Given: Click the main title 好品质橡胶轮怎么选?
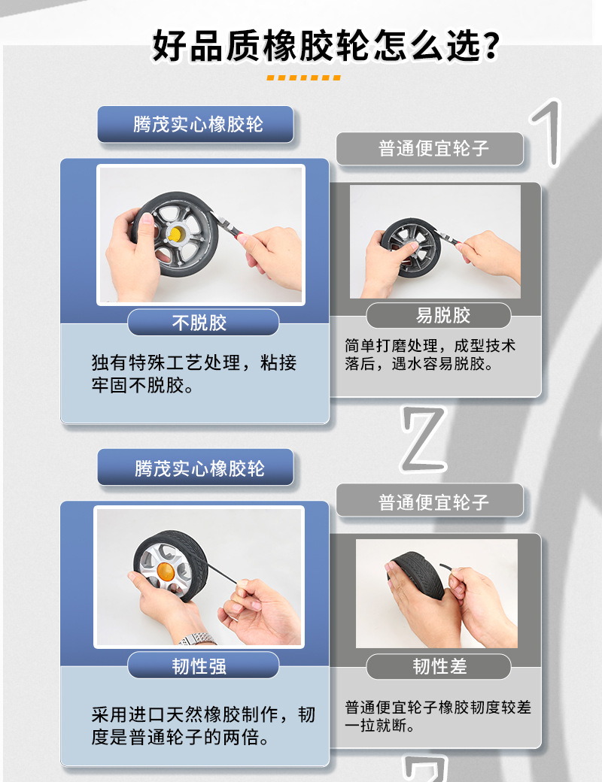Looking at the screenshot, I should pyautogui.click(x=325, y=47).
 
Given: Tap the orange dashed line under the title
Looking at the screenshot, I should pyautogui.click(x=303, y=77).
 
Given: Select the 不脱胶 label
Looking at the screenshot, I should pyautogui.click(x=199, y=323).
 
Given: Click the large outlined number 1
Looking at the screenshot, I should pyautogui.click(x=547, y=132).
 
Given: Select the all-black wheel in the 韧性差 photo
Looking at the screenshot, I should pyautogui.click(x=418, y=576).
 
